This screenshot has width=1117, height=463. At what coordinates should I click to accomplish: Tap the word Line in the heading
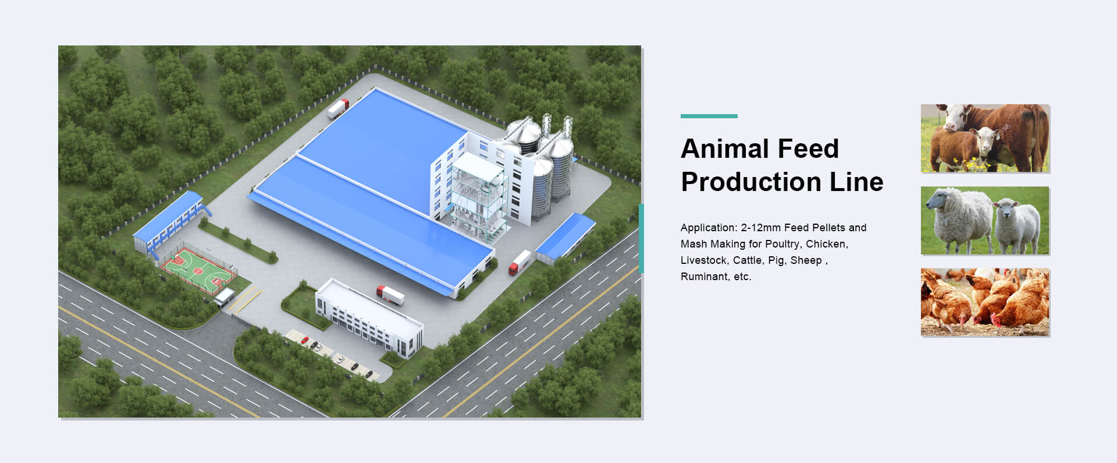(x=856, y=182)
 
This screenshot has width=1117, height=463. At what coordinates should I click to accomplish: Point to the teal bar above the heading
(x=709, y=116)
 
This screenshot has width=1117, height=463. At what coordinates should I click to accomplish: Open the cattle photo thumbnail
(x=985, y=138)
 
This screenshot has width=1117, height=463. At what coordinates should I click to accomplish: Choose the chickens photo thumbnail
(x=985, y=302)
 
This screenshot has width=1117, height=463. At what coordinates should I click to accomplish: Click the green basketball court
(x=198, y=270)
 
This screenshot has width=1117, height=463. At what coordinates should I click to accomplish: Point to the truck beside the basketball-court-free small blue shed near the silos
(x=520, y=262)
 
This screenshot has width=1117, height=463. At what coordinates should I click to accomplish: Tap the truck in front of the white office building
(x=390, y=295)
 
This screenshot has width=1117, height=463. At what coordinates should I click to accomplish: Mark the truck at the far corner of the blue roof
(x=337, y=108)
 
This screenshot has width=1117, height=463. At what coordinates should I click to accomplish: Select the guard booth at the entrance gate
(x=225, y=298)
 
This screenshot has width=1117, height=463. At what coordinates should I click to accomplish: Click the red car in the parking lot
(x=304, y=340)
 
